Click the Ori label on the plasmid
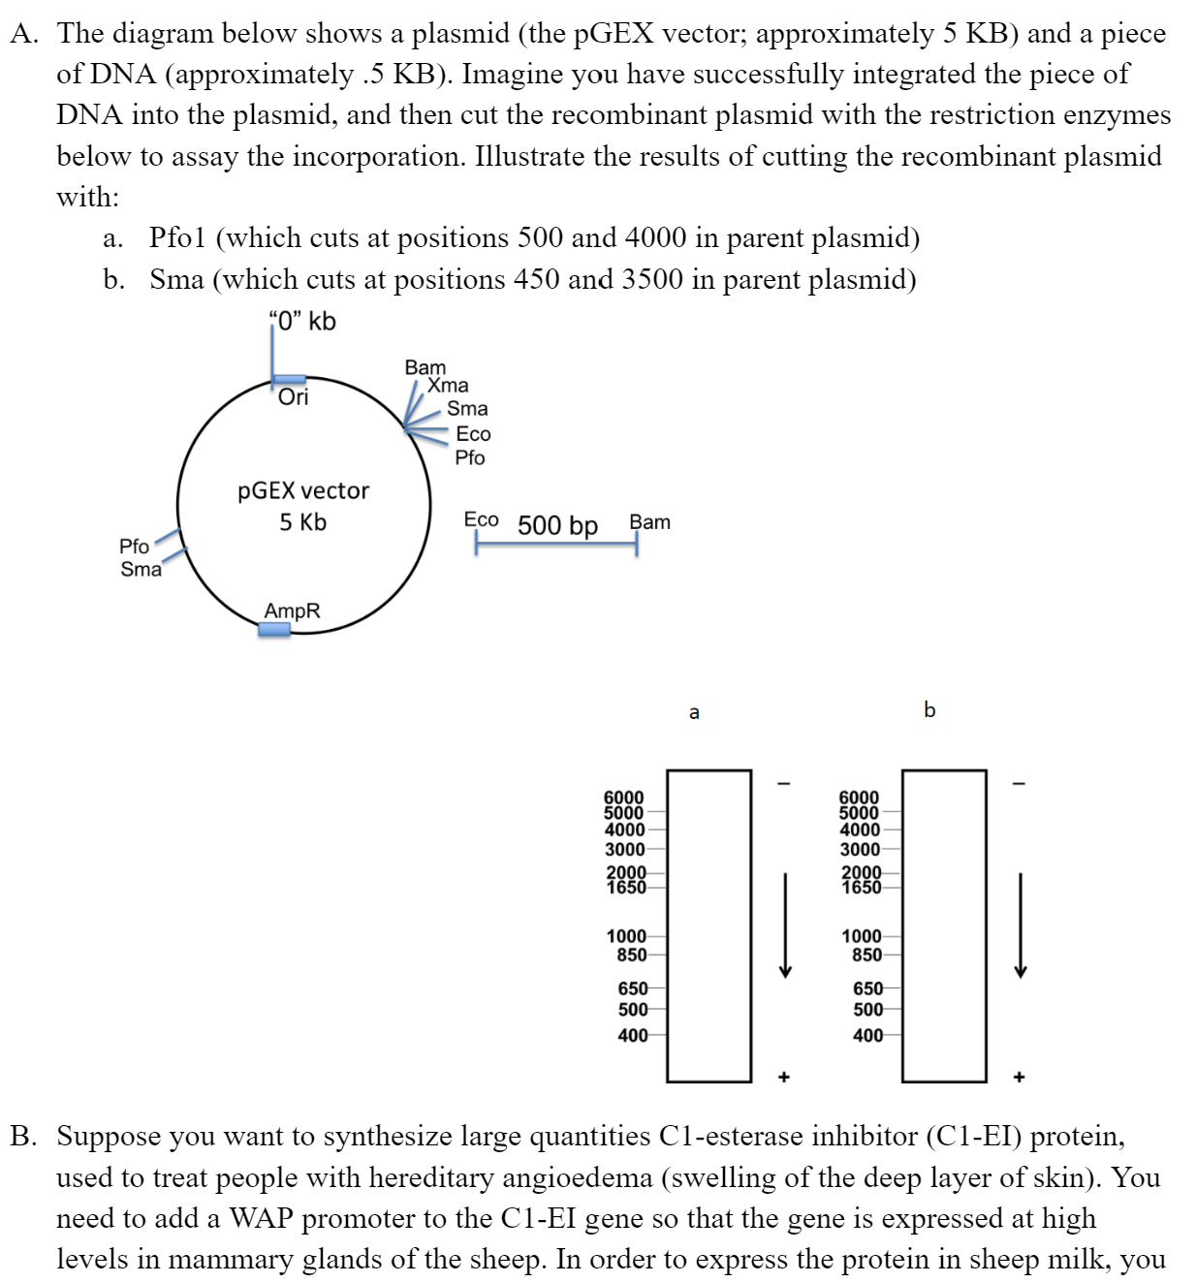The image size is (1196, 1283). click(293, 397)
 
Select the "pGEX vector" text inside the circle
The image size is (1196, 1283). click(303, 491)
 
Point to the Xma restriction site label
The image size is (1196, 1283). click(448, 386)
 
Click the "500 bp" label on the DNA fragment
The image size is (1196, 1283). click(557, 525)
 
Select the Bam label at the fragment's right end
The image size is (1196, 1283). click(649, 522)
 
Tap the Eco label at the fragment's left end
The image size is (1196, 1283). click(481, 520)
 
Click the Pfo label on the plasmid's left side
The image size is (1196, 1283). click(134, 547)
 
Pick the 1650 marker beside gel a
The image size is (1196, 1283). click(625, 887)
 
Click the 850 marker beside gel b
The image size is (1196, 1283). click(866, 954)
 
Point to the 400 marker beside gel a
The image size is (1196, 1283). click(633, 1036)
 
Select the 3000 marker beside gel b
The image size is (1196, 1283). click(860, 850)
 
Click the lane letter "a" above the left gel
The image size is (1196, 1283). click(694, 713)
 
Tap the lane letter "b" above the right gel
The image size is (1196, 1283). click(929, 710)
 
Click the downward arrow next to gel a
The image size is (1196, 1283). click(786, 925)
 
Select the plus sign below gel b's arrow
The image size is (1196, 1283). click(1019, 1077)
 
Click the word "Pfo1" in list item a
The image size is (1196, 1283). click(177, 238)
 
